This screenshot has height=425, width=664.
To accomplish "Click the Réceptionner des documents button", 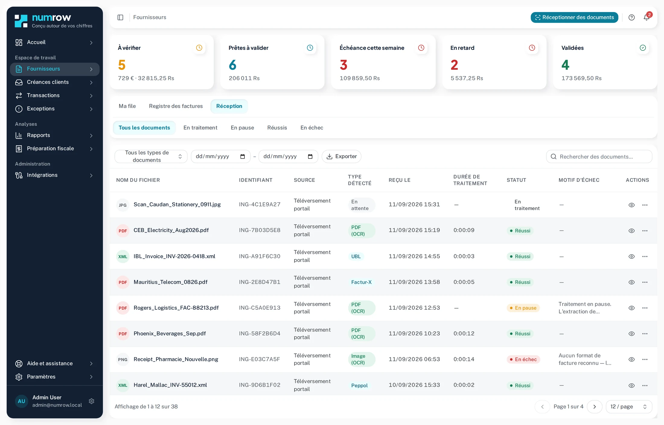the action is (574, 18).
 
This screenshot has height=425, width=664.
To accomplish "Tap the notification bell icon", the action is (646, 18).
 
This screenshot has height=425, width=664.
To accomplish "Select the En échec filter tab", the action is (312, 128).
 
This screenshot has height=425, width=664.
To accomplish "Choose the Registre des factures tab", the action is (176, 106).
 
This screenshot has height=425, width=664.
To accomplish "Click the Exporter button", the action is (341, 156).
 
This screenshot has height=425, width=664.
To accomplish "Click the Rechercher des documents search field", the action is (599, 157).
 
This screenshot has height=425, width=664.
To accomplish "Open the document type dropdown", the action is (151, 156).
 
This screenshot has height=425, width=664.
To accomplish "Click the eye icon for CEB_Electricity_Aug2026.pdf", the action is (631, 231).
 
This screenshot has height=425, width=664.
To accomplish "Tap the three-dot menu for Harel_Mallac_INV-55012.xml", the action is (645, 385).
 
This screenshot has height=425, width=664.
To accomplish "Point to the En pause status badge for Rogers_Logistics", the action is (523, 308).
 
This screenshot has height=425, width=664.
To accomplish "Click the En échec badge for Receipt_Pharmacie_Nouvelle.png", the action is (523, 359).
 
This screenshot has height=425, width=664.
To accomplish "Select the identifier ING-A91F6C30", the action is (260, 257).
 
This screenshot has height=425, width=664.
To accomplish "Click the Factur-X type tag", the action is (361, 282).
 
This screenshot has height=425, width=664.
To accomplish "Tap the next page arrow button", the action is (595, 407).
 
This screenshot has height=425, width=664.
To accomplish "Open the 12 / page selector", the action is (629, 407).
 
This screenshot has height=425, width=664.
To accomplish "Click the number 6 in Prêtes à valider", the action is (233, 65).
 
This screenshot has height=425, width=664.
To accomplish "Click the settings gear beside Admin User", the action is (92, 401).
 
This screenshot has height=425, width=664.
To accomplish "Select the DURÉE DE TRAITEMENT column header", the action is (470, 180).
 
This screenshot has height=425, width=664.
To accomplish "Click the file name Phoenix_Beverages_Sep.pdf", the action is (170, 334).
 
